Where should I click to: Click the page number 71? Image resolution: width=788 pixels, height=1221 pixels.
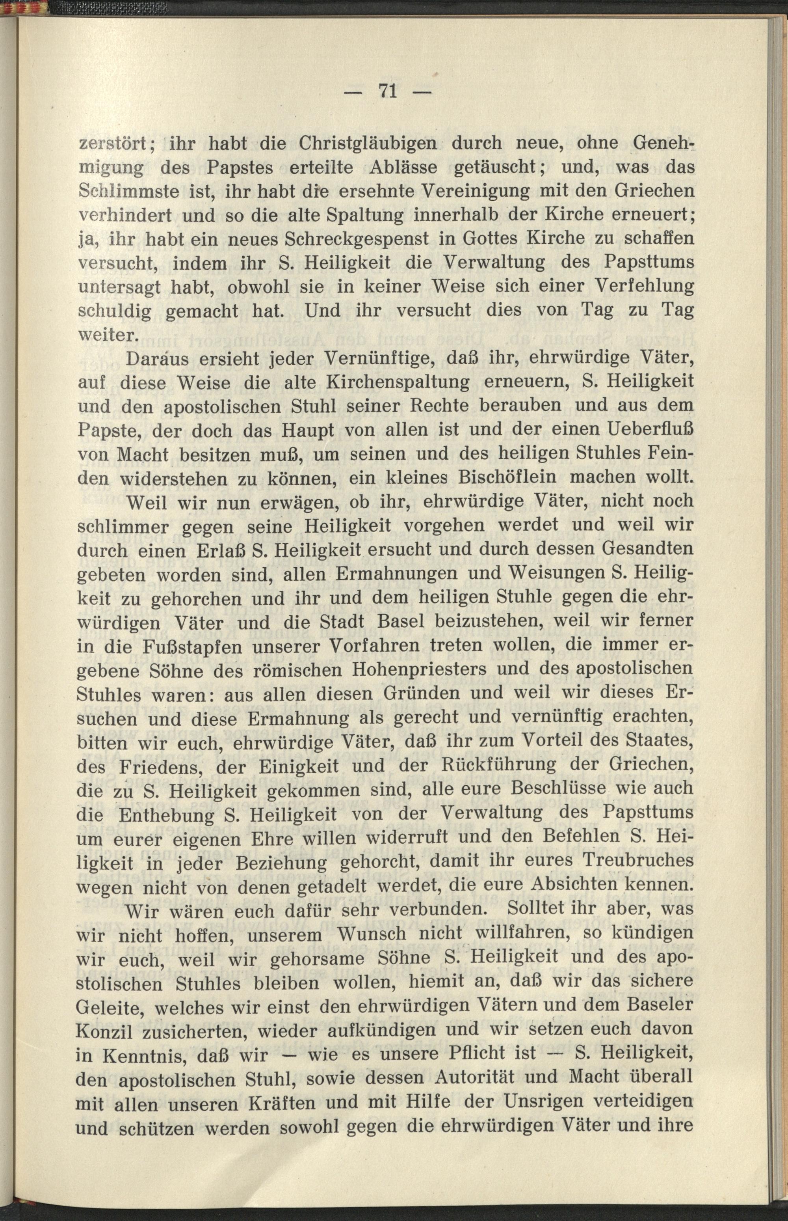click(x=387, y=92)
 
